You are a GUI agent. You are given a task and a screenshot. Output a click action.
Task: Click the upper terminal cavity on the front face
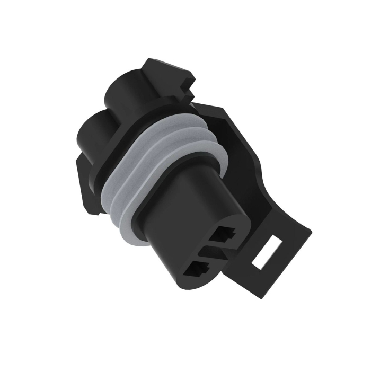point(227,234)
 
